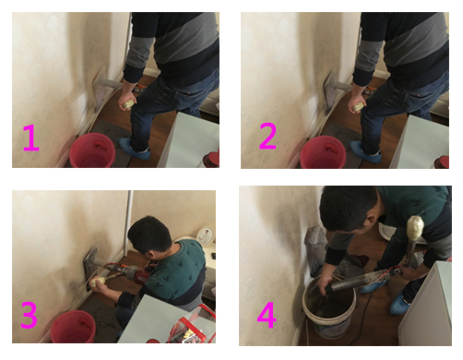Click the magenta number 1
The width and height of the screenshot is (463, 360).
31,138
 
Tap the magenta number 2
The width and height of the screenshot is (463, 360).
267,136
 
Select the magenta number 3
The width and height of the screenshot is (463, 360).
29,315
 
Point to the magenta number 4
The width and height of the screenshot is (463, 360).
267,315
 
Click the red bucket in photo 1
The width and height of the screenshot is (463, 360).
92,150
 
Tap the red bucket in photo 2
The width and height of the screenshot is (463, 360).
323,152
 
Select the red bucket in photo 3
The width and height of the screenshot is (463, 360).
73,327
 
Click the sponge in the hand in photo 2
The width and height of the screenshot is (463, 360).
359,106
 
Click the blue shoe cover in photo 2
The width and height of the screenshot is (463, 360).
365,151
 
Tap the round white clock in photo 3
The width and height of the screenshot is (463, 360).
205,235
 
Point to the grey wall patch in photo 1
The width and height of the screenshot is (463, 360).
101,90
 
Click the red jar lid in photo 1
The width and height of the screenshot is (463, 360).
211,159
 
